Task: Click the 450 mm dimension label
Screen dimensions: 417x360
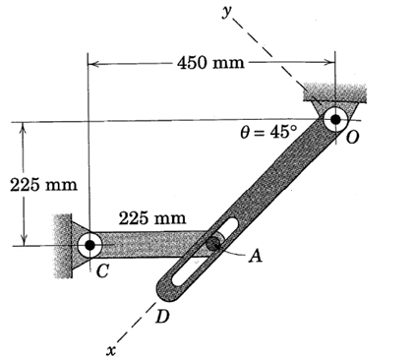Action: click(210, 62)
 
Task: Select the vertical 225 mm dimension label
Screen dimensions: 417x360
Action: click(43, 185)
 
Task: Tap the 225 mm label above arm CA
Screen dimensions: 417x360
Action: click(152, 218)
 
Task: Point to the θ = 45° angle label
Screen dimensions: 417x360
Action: click(268, 133)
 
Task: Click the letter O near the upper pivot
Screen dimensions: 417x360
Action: click(352, 138)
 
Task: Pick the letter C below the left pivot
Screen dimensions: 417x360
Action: click(102, 271)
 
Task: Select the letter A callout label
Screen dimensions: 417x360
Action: click(256, 256)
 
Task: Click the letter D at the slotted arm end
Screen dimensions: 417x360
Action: click(162, 317)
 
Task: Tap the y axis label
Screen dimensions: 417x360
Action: click(227, 13)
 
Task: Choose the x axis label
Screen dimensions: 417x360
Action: click(111, 351)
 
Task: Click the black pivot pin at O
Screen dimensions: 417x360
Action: click(335, 119)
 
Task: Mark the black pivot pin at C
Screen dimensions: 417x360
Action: click(89, 245)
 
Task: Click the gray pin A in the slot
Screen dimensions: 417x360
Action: click(213, 243)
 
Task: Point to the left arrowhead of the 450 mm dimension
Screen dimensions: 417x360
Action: click(93, 63)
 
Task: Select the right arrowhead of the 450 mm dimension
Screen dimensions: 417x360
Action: click(329, 62)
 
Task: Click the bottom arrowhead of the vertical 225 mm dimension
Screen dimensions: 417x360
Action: click(24, 240)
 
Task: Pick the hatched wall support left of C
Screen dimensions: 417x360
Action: click(62, 246)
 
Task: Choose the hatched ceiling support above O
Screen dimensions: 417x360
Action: click(334, 92)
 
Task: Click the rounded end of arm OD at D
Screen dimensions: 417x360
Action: click(165, 292)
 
